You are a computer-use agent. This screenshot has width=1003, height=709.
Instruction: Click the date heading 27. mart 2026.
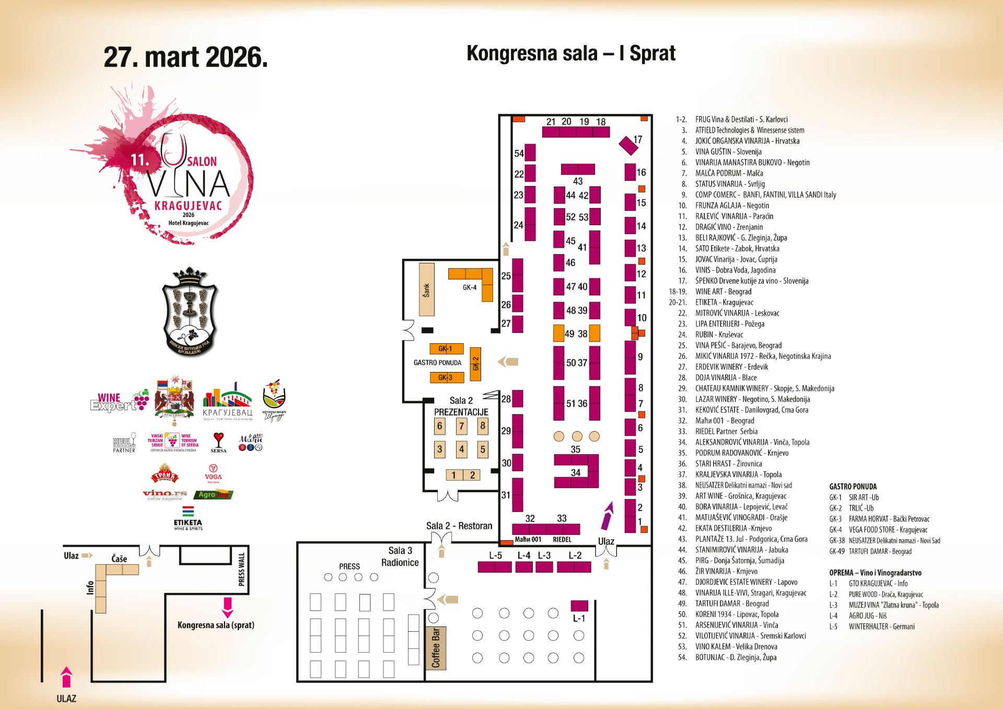[185, 57]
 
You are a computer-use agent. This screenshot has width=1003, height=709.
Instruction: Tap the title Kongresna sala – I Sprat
[570, 53]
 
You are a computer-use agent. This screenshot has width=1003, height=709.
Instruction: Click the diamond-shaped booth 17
[628, 145]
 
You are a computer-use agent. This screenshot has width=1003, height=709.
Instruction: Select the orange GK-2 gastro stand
[475, 364]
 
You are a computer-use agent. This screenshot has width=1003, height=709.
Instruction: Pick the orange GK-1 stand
[445, 348]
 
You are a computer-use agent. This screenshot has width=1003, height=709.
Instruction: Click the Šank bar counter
[426, 289]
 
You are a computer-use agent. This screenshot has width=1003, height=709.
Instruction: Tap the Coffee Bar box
[436, 648]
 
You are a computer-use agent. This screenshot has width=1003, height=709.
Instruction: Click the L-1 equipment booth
[579, 606]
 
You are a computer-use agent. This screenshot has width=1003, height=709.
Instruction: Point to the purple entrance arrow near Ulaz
[607, 516]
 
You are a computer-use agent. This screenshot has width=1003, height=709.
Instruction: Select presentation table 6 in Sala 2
[440, 426]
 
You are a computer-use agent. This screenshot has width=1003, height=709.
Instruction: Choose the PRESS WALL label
[241, 569]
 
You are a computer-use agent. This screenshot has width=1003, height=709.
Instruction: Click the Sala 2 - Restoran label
[459, 526]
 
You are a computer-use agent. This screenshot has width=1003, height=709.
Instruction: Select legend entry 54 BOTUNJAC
[735, 657]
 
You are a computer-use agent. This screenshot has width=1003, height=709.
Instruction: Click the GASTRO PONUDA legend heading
[853, 486]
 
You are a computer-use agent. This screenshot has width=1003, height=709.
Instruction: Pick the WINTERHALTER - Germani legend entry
[881, 626]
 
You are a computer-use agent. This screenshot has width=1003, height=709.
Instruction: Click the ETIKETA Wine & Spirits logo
[188, 518]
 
